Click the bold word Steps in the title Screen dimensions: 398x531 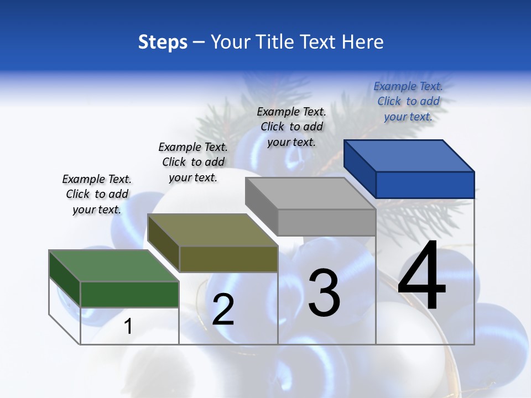163,42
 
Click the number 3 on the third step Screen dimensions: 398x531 324,293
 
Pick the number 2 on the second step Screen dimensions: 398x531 223,310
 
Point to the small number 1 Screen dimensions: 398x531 128,326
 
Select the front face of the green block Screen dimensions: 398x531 129,294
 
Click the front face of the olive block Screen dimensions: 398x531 228,259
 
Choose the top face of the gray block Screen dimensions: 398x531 310,193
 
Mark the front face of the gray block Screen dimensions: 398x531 326,222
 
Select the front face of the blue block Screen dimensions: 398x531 425,185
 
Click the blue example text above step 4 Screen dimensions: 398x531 408,101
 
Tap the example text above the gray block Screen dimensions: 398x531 291,127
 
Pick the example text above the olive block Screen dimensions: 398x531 193,162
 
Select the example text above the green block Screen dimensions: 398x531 97,194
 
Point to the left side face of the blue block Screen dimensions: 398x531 360,169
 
